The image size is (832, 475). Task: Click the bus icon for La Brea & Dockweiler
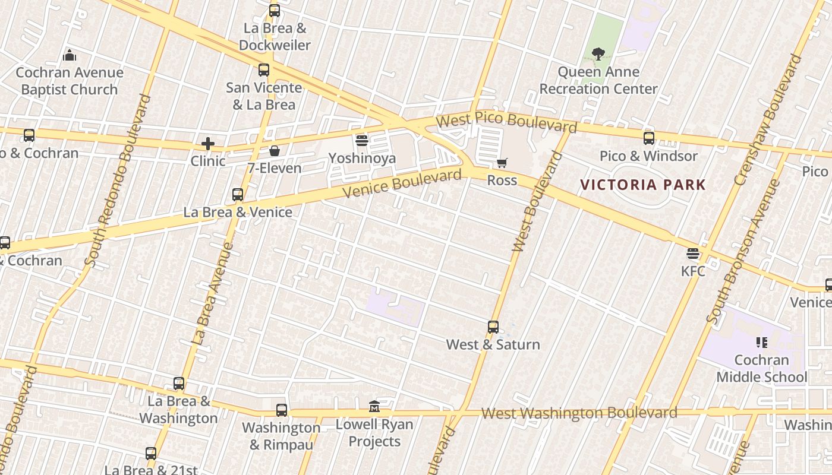coord(274,11)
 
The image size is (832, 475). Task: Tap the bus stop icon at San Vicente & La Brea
coord(264,70)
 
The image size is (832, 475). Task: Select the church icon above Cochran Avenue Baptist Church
coord(70,56)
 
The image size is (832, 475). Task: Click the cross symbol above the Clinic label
coord(207,144)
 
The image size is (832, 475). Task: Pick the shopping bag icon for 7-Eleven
coord(275,151)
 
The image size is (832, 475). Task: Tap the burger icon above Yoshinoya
coord(362,141)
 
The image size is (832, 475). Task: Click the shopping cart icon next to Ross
coord(502,163)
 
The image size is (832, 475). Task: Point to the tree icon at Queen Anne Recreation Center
coord(598,55)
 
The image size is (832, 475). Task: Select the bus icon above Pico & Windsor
coord(649,138)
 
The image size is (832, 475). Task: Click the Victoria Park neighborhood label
coord(643,185)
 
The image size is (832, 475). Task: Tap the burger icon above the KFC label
coord(692,254)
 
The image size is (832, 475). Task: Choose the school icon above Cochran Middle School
coord(761,343)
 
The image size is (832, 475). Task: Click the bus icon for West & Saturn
coord(493,327)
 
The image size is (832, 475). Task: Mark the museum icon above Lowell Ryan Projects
coord(374,407)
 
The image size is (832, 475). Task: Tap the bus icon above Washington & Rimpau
coord(282,410)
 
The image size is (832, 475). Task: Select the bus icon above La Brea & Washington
coord(179,384)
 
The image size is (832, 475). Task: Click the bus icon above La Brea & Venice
coord(238,195)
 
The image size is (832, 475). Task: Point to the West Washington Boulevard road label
coord(579,413)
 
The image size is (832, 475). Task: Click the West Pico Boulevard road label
coord(506,122)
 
